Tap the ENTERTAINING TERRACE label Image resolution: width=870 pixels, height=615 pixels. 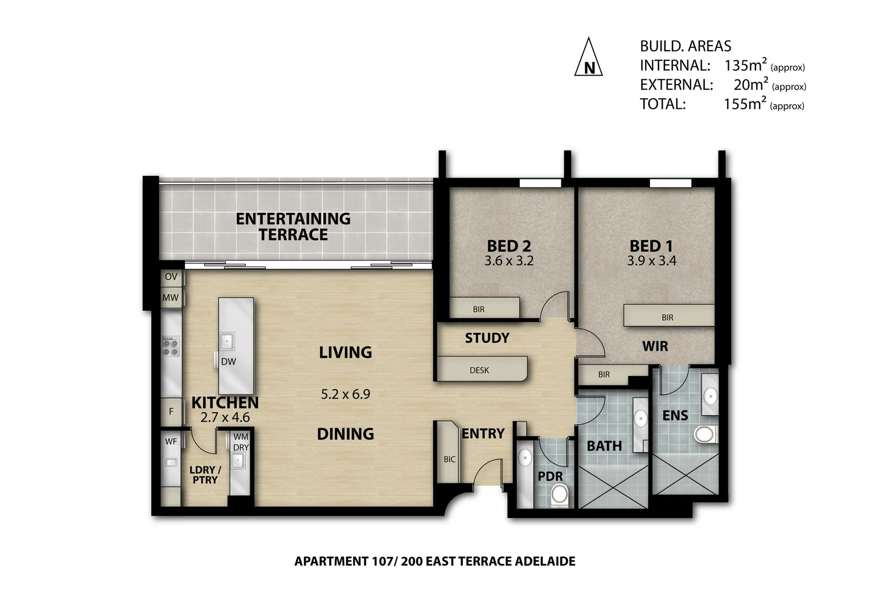pos(293,227)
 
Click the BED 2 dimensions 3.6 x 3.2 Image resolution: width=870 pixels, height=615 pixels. pos(509,261)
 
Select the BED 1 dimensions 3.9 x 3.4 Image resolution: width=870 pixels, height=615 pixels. pos(652,261)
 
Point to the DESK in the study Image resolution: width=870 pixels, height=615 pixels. pos(481,368)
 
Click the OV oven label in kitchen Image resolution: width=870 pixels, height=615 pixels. pos(171,277)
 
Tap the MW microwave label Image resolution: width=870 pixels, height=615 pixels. pos(170,298)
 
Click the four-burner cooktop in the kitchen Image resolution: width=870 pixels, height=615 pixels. pos(170,347)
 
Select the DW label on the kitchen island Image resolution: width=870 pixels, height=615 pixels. pos(228,362)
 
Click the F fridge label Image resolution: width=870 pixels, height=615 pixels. pos(171,411)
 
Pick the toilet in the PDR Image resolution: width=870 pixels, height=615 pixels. pos(559,496)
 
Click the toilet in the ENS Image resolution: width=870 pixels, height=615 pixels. pos(705,434)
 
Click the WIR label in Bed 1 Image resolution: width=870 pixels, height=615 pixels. pos(655,346)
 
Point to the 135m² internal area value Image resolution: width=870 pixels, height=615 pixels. pos(745,65)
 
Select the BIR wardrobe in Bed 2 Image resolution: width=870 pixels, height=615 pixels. pos(485,307)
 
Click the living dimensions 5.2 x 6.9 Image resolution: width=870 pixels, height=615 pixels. pos(345,394)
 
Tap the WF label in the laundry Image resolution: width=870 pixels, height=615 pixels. pos(171,441)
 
